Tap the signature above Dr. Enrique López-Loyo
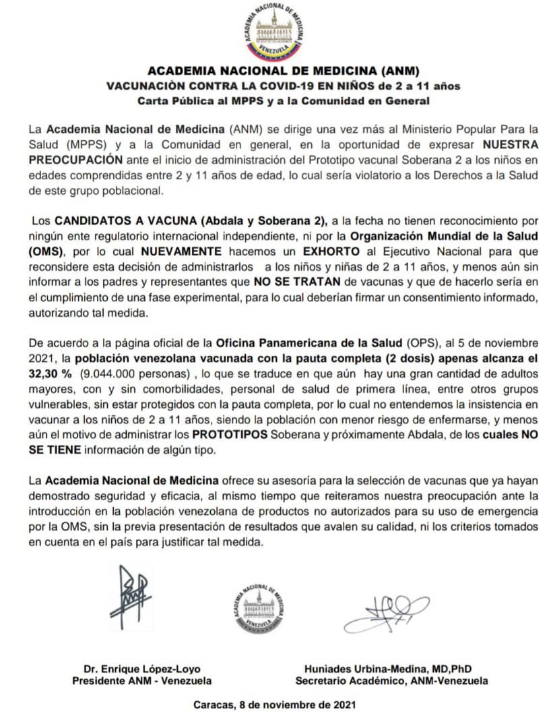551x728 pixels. coord(135,598)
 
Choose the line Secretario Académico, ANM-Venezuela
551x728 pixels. coord(392,681)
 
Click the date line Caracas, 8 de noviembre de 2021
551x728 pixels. coord(271,705)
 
